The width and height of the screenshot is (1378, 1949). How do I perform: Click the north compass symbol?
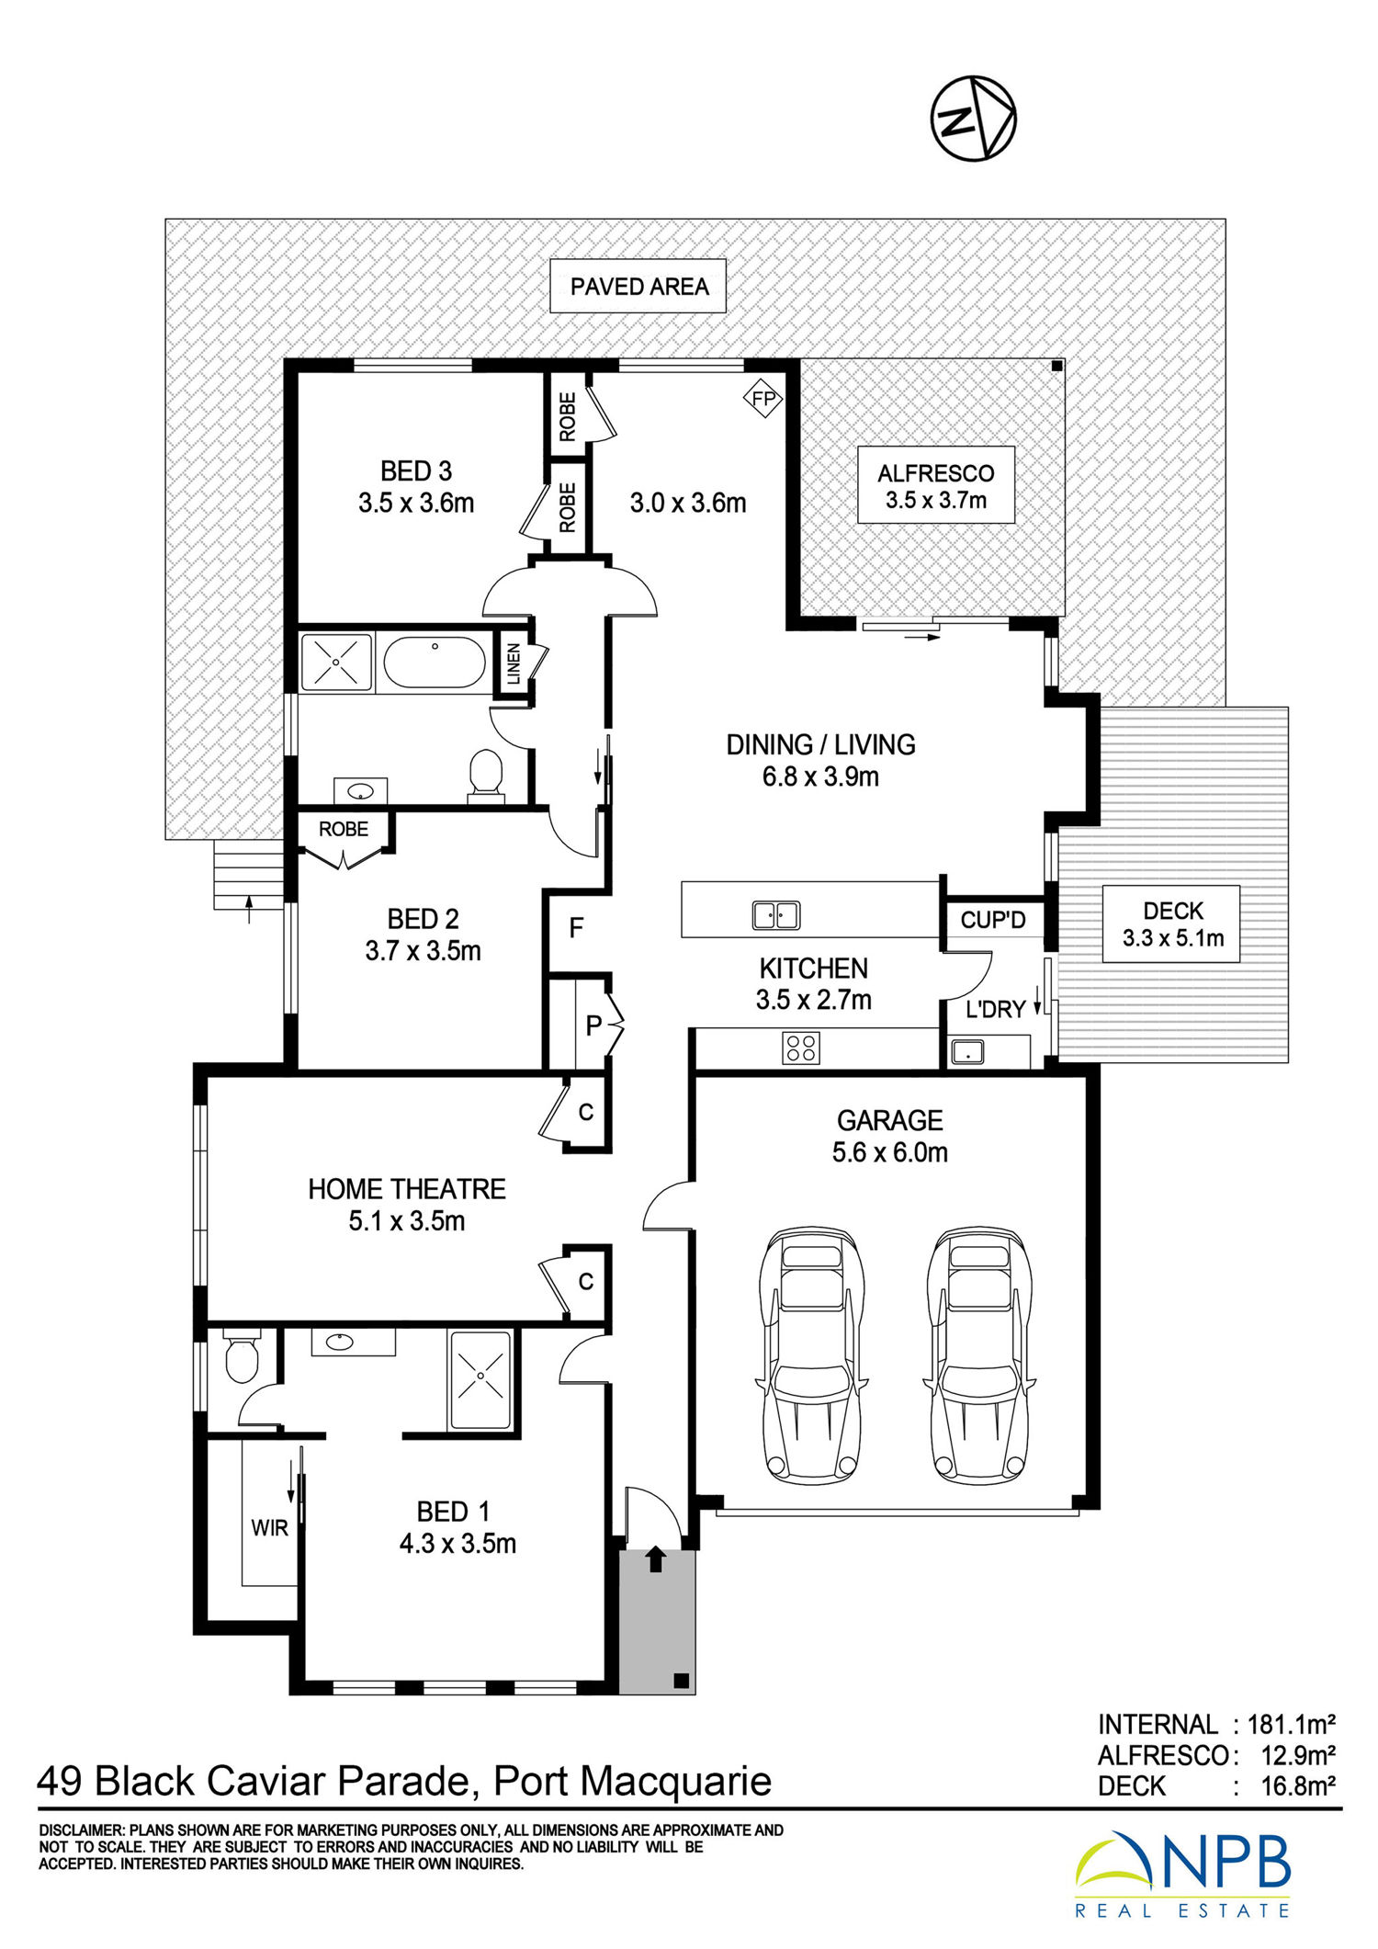pos(973,119)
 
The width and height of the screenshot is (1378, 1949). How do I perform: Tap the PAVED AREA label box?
pos(638,286)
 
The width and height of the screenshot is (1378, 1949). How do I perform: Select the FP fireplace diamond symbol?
pos(763,399)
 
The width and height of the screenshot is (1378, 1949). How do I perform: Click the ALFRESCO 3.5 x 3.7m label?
pos(936,486)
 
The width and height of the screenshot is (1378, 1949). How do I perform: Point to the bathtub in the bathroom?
pos(434,662)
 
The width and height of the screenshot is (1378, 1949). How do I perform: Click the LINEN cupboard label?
pos(514,663)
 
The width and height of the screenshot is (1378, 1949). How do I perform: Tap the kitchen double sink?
pos(776,915)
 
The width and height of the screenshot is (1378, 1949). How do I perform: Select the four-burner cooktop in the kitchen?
pos(801,1048)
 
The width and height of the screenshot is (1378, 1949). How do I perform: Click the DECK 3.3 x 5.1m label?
pos(1172,924)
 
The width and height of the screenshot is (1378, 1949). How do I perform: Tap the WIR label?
pos(270,1527)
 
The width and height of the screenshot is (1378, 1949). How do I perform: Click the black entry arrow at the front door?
pos(655,1558)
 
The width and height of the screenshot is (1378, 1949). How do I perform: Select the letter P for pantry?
pos(593,1025)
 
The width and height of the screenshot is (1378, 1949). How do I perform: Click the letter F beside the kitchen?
pos(576,928)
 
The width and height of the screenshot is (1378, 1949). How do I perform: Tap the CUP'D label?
pos(993,920)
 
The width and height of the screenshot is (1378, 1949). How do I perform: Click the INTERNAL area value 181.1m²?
pos(1291,1724)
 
